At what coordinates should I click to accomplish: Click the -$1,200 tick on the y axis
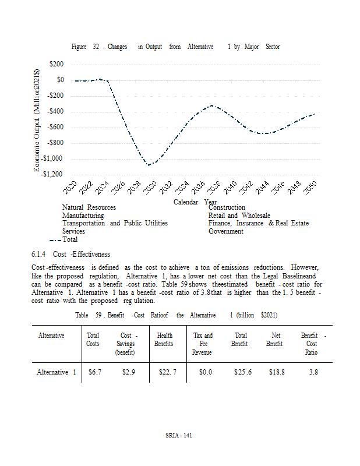pos(52,174)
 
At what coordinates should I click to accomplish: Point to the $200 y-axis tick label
pos(57,64)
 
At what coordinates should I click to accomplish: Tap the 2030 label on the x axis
pos(150,188)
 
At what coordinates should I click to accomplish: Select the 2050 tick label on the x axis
pos(309,188)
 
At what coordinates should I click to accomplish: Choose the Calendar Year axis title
pos(195,202)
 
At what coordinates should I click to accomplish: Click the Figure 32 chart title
pos(175,47)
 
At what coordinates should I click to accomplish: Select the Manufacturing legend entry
pos(83,216)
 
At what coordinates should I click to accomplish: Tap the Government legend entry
pos(226,231)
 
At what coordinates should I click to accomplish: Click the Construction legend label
pos(227,207)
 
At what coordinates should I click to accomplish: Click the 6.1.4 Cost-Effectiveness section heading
pos(70,255)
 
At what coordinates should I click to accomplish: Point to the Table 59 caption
pos(176,315)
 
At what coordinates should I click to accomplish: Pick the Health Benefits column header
pos(164,340)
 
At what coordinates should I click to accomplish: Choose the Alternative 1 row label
pos(56,372)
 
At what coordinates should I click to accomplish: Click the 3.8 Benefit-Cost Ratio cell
pos(313,372)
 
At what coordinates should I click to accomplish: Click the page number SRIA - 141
pos(179,437)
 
